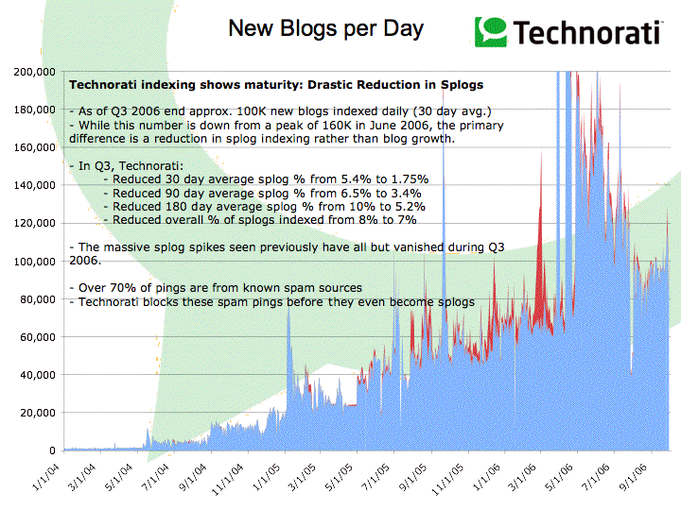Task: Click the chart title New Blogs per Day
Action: pos(325,28)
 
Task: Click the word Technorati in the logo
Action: pos(586,32)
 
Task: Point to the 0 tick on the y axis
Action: pos(53,450)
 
